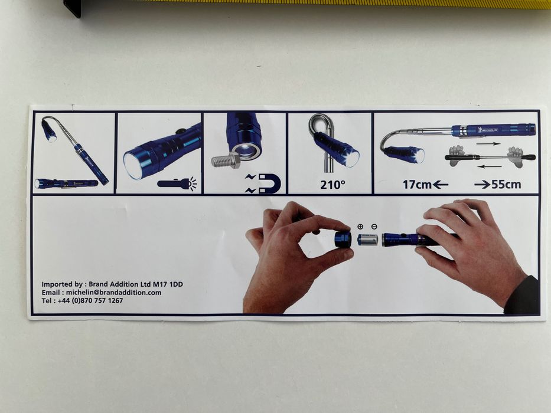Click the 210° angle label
[332, 185]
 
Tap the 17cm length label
[417, 185]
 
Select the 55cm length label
[506, 185]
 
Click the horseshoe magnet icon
[270, 183]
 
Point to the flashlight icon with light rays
[177, 183]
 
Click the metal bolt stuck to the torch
[226, 161]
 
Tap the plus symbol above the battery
[360, 227]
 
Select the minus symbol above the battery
[374, 227]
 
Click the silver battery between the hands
[367, 240]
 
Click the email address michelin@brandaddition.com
[113, 293]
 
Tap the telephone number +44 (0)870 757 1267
[90, 301]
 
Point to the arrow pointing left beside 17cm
[441, 185]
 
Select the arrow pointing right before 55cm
[482, 185]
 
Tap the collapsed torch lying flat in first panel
[66, 183]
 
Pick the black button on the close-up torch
[181, 132]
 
